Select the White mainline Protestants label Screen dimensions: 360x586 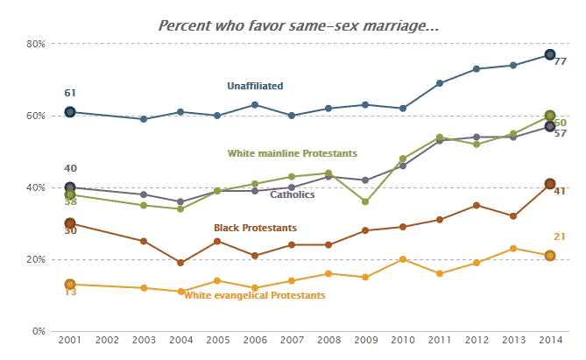click(x=293, y=153)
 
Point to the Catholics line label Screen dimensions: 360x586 click(x=293, y=195)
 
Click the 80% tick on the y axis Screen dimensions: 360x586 click(x=35, y=44)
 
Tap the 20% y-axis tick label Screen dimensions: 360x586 click(x=35, y=259)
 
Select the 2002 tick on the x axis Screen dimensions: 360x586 click(x=107, y=339)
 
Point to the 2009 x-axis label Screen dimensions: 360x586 click(x=365, y=339)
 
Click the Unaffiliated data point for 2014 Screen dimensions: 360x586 click(x=550, y=55)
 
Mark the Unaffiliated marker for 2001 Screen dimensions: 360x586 click(x=70, y=112)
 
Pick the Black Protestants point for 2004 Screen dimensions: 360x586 click(x=180, y=263)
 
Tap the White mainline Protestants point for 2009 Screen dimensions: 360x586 click(x=365, y=201)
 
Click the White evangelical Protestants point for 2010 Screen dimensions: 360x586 click(x=402, y=259)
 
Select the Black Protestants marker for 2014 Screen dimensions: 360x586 click(x=550, y=184)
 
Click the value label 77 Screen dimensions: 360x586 click(x=560, y=62)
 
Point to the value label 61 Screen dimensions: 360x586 click(x=70, y=93)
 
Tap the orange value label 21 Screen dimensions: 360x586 click(x=560, y=236)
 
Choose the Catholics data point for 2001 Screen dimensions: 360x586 click(x=70, y=187)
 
